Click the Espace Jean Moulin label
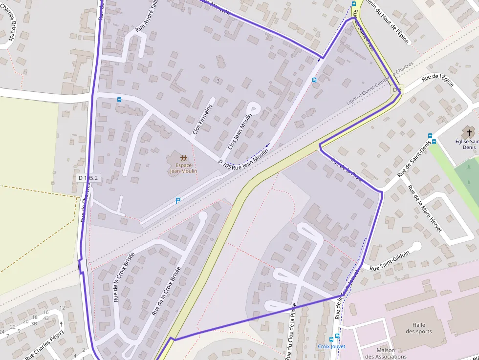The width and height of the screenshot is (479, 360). (x=183, y=168)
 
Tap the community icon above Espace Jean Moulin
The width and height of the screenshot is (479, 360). (x=183, y=158)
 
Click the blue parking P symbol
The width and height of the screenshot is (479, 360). (x=178, y=201)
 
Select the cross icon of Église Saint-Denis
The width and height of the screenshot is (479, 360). (x=469, y=132)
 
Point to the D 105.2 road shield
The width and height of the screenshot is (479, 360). (x=88, y=178)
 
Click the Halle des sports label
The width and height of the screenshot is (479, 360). (x=418, y=328)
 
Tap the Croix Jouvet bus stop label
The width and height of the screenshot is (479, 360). (x=331, y=346)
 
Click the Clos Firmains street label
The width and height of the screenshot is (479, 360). (x=203, y=119)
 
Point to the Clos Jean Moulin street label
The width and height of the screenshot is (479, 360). (x=240, y=131)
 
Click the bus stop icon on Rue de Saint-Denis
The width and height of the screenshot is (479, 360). (x=430, y=136)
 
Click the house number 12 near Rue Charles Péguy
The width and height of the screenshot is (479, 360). (x=62, y=308)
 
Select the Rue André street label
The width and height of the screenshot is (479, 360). (x=147, y=19)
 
